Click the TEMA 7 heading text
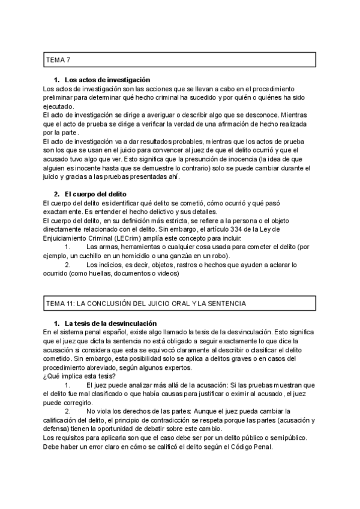[59, 60]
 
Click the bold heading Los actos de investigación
[107, 80]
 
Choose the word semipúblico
[286, 438]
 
